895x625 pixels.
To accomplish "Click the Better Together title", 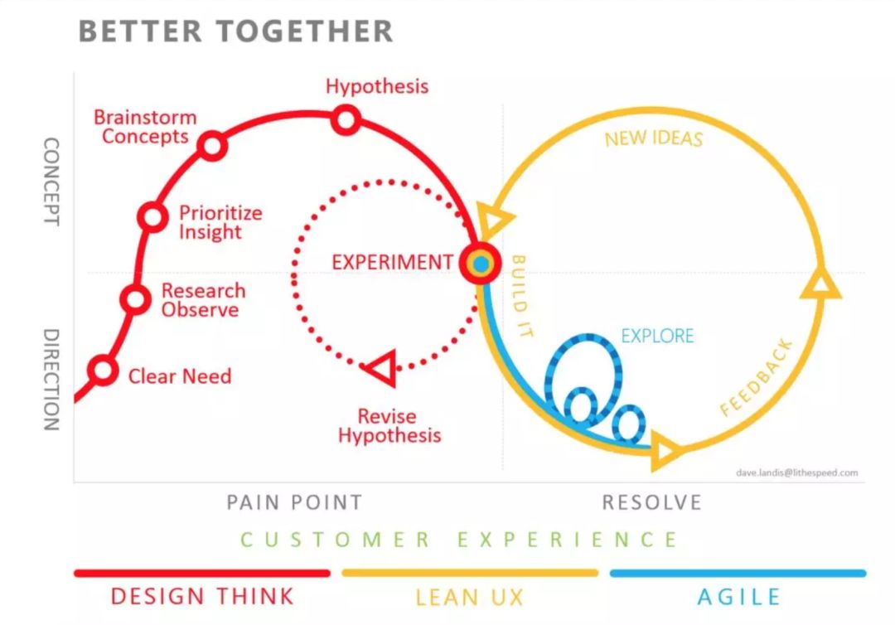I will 235,31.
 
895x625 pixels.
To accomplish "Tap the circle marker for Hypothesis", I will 346,120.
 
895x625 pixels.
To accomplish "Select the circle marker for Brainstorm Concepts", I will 213,147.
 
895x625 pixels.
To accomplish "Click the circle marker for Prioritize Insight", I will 152,217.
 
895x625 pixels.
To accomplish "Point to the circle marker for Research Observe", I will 135,299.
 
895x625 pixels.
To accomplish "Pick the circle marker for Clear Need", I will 104,370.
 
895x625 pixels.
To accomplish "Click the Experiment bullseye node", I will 481,264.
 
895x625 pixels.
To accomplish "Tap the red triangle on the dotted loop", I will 382,368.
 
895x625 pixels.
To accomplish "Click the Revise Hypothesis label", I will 389,426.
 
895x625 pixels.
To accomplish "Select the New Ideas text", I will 653,138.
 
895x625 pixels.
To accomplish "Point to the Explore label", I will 657,336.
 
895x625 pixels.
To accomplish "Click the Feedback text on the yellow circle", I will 757,377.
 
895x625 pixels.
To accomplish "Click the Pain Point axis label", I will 294,502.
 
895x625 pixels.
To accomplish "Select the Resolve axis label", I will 651,502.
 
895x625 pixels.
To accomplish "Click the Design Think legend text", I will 202,596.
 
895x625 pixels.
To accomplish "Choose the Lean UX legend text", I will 470,597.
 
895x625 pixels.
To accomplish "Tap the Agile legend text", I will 738,597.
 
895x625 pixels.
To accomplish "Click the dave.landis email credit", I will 796,473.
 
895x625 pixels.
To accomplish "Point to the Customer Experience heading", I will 460,540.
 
